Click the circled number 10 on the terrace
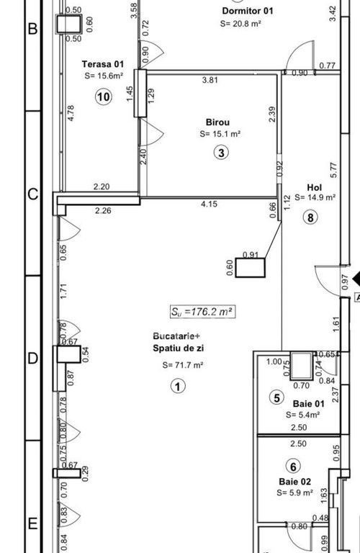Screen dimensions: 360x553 click(104, 96)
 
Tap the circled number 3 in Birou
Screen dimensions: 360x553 click(222, 153)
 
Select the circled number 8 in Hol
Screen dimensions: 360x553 click(310, 217)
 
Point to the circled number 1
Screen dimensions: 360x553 click(178, 386)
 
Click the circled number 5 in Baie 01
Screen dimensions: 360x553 click(276, 397)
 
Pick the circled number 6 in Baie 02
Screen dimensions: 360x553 click(293, 467)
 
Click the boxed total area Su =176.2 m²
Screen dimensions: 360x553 click(202, 311)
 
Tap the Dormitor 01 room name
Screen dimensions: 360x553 click(248, 11)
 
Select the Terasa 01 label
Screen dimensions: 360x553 click(103, 64)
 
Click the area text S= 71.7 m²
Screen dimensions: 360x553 click(183, 365)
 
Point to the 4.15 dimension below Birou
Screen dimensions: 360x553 click(209, 204)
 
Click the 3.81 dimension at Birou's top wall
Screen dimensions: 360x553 click(210, 80)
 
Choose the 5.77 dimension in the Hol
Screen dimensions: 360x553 click(334, 170)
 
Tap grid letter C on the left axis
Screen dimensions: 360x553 click(33, 194)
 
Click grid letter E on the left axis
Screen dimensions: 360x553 click(32, 523)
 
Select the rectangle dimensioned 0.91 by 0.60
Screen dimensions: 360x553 click(250, 268)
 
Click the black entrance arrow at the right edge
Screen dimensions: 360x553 click(356, 279)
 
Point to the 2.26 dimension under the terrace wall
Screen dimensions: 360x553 click(103, 210)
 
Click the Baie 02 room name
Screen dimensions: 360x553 click(294, 482)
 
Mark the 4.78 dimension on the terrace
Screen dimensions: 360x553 click(71, 113)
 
